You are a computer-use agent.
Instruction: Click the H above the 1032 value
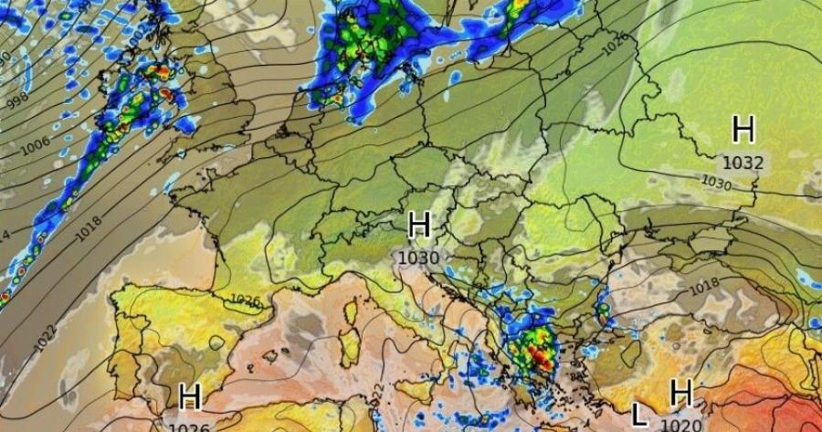(743, 130)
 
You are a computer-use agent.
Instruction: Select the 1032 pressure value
(743, 163)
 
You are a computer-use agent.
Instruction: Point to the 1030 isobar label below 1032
(716, 183)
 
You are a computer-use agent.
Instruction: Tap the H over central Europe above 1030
(419, 225)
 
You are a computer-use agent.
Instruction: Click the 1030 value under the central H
(419, 258)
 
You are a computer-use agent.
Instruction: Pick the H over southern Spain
(189, 397)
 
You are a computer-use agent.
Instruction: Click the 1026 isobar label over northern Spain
(244, 300)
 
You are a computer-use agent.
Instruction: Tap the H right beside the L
(680, 394)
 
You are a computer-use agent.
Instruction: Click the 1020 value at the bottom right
(680, 425)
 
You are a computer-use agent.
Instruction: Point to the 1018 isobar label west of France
(89, 227)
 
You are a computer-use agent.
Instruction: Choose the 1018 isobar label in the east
(703, 287)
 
